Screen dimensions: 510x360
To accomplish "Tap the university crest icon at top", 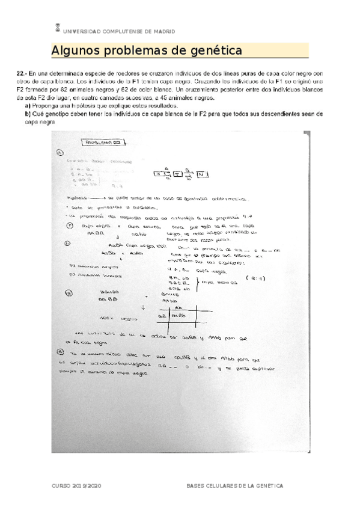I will pyautogui.click(x=57, y=27).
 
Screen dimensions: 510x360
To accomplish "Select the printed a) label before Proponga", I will pyautogui.click(x=28, y=105).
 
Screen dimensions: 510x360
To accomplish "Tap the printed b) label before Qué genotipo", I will pyautogui.click(x=28, y=112).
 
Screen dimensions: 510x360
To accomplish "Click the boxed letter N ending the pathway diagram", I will pyautogui.click(x=202, y=174).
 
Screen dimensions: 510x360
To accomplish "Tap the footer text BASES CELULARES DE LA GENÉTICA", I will pyautogui.click(x=234, y=485).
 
